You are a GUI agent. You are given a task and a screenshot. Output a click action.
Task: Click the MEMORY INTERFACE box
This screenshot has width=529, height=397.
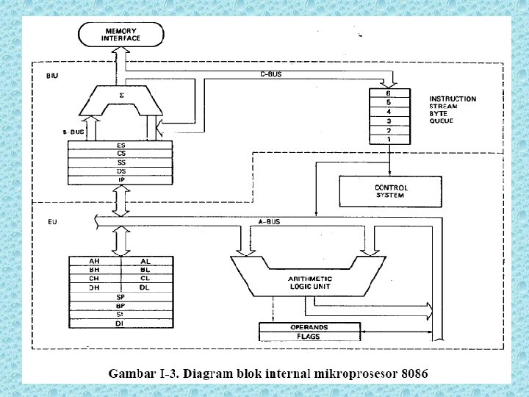click(120, 34)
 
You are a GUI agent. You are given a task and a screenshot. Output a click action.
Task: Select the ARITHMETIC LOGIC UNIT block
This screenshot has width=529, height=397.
click(309, 282)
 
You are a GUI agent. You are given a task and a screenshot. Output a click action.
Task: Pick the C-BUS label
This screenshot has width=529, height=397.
click(270, 74)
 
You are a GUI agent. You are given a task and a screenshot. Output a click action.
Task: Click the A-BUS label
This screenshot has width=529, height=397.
click(269, 221)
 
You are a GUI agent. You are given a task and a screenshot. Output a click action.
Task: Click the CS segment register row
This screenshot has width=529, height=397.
click(120, 154)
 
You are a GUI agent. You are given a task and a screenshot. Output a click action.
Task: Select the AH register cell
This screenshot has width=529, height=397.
click(94, 261)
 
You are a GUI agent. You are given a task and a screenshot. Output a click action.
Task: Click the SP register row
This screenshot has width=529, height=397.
click(120, 296)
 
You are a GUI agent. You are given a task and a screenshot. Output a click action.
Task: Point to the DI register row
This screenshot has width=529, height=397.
click(120, 323)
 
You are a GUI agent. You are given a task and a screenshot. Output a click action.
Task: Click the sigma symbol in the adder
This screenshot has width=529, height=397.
click(121, 94)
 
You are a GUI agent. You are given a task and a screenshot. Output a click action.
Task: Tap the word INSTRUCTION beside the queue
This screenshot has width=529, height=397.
click(452, 99)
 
